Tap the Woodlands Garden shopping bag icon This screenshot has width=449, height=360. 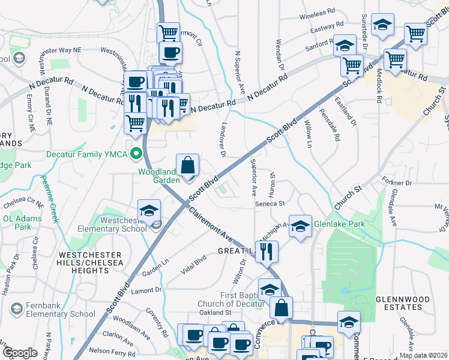188,164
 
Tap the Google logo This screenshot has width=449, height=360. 20,353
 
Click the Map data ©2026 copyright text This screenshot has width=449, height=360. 423,355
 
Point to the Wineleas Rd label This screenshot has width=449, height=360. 317,13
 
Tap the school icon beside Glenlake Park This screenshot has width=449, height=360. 301,225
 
